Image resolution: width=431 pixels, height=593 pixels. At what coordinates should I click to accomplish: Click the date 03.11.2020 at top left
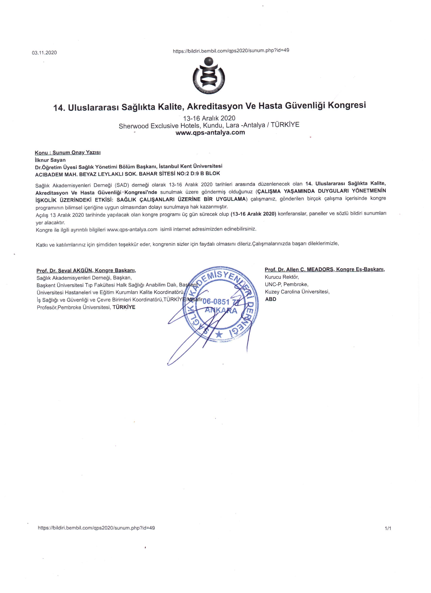[44, 53]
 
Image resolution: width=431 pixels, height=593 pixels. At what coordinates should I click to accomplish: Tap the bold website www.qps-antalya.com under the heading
[210, 133]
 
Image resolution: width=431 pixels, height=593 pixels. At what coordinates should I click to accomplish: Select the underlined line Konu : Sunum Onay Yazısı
[68, 152]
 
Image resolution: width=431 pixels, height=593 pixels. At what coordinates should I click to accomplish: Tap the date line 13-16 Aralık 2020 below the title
[209, 118]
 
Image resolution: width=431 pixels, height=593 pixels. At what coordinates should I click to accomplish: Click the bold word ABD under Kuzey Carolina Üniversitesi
[271, 299]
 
